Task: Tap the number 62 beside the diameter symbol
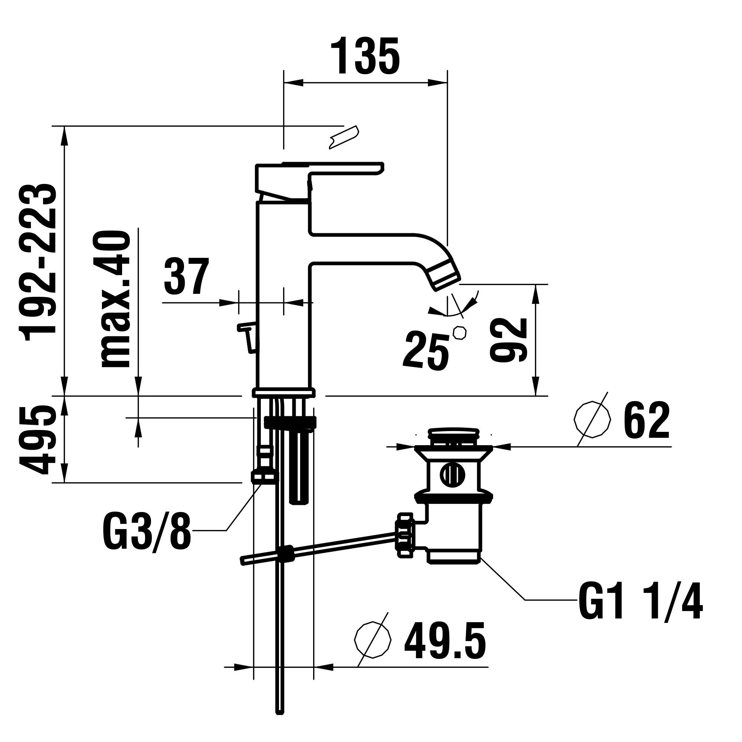point(647,421)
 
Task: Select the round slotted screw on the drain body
point(452,475)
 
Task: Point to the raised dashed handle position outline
point(344,137)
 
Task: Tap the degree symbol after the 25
point(460,332)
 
